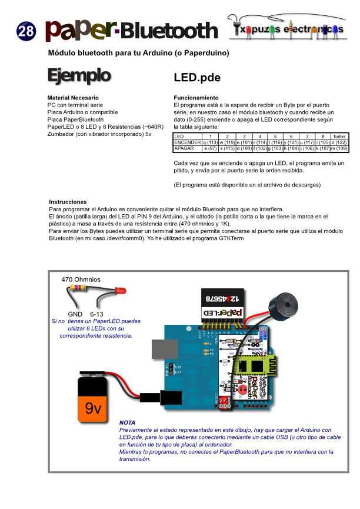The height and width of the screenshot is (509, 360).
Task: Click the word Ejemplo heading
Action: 79,75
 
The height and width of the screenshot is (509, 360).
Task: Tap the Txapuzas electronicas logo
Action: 288,29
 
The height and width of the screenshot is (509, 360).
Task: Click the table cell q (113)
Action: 210,142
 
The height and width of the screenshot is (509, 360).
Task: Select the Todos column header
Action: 339,137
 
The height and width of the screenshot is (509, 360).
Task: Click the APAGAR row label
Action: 184,149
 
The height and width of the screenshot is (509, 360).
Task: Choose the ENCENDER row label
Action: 187,142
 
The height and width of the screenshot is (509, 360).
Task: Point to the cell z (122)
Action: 339,142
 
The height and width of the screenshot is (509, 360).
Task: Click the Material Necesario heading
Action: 73,97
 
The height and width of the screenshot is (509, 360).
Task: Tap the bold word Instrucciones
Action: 68,201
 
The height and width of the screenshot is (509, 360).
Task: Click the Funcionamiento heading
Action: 196,97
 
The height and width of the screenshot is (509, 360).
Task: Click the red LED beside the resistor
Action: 120,291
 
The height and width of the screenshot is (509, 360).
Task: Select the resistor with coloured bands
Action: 79,288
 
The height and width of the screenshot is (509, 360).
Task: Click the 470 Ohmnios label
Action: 81,279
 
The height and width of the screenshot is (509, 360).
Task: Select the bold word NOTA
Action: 127,422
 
